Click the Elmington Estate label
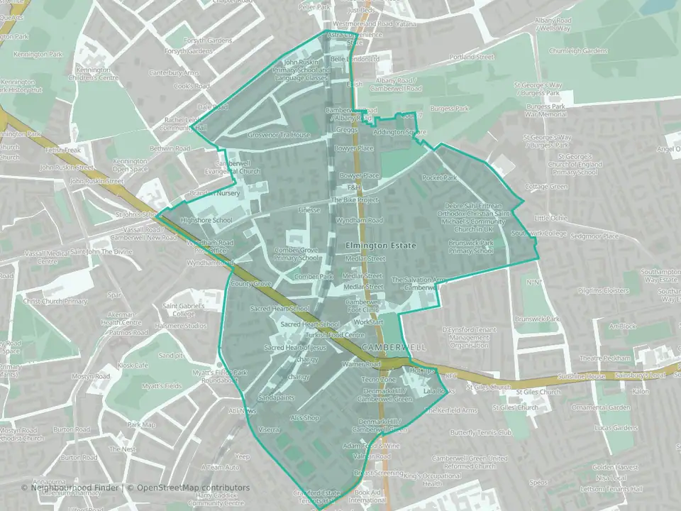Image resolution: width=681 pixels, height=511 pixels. (380, 246)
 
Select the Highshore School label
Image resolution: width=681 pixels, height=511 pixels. (206, 221)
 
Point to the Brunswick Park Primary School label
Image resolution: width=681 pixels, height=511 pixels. (470, 246)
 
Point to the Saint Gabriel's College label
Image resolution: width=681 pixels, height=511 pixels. (178, 309)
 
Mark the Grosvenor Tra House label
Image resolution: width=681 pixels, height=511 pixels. (279, 135)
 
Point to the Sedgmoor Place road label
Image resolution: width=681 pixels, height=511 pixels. (594, 236)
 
